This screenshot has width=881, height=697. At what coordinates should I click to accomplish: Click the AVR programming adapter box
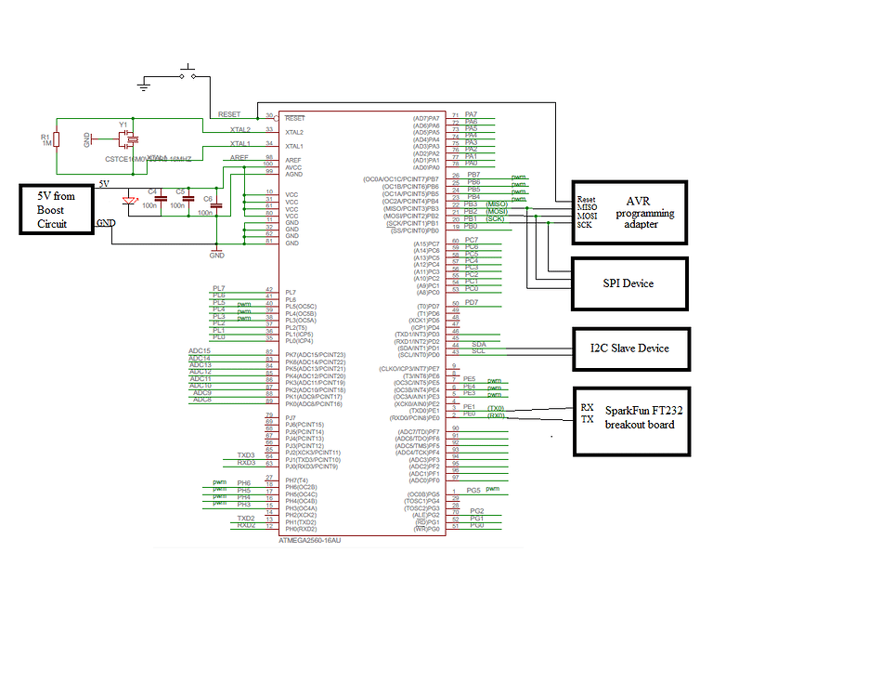(x=628, y=212)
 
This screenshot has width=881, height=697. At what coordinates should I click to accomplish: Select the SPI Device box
(x=628, y=283)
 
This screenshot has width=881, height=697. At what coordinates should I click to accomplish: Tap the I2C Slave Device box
(x=628, y=348)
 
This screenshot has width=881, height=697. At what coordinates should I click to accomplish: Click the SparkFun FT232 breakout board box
(x=628, y=421)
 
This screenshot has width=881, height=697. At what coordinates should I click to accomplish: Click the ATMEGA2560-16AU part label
(x=309, y=539)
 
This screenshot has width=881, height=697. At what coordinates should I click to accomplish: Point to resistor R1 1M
(x=56, y=139)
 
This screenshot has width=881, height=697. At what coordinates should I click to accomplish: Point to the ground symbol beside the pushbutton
(x=144, y=86)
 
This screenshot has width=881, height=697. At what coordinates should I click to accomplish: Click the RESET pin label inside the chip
(x=295, y=119)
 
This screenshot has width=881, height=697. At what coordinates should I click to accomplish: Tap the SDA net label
(x=479, y=343)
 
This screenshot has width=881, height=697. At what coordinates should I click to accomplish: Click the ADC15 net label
(x=200, y=351)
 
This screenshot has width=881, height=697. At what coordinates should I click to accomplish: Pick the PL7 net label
(x=218, y=289)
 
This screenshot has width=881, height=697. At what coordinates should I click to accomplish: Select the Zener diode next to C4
(x=127, y=199)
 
